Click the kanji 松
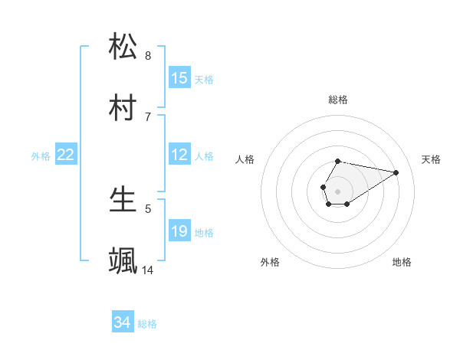pyautogui.click(x=123, y=47)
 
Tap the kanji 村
pyautogui.click(x=123, y=108)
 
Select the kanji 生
pyautogui.click(x=123, y=200)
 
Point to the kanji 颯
pyautogui.click(x=123, y=261)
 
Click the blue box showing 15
pyautogui.click(x=179, y=78)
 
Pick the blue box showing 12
pyautogui.click(x=179, y=155)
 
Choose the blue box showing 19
pyautogui.click(x=179, y=231)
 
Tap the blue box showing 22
pyautogui.click(x=66, y=155)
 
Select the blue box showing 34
pyautogui.click(x=122, y=323)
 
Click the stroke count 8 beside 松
pyautogui.click(x=148, y=56)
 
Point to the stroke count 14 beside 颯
pyautogui.click(x=148, y=270)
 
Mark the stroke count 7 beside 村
pyautogui.click(x=148, y=117)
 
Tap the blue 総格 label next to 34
pyautogui.click(x=147, y=324)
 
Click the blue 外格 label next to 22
pyautogui.click(x=41, y=156)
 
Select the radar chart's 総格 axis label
pyautogui.click(x=338, y=100)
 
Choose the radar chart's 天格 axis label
pyautogui.click(x=431, y=159)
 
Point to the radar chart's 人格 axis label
pyautogui.click(x=245, y=159)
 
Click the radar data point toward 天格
pyautogui.click(x=396, y=172)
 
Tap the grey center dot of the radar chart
pyautogui.click(x=338, y=191)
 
